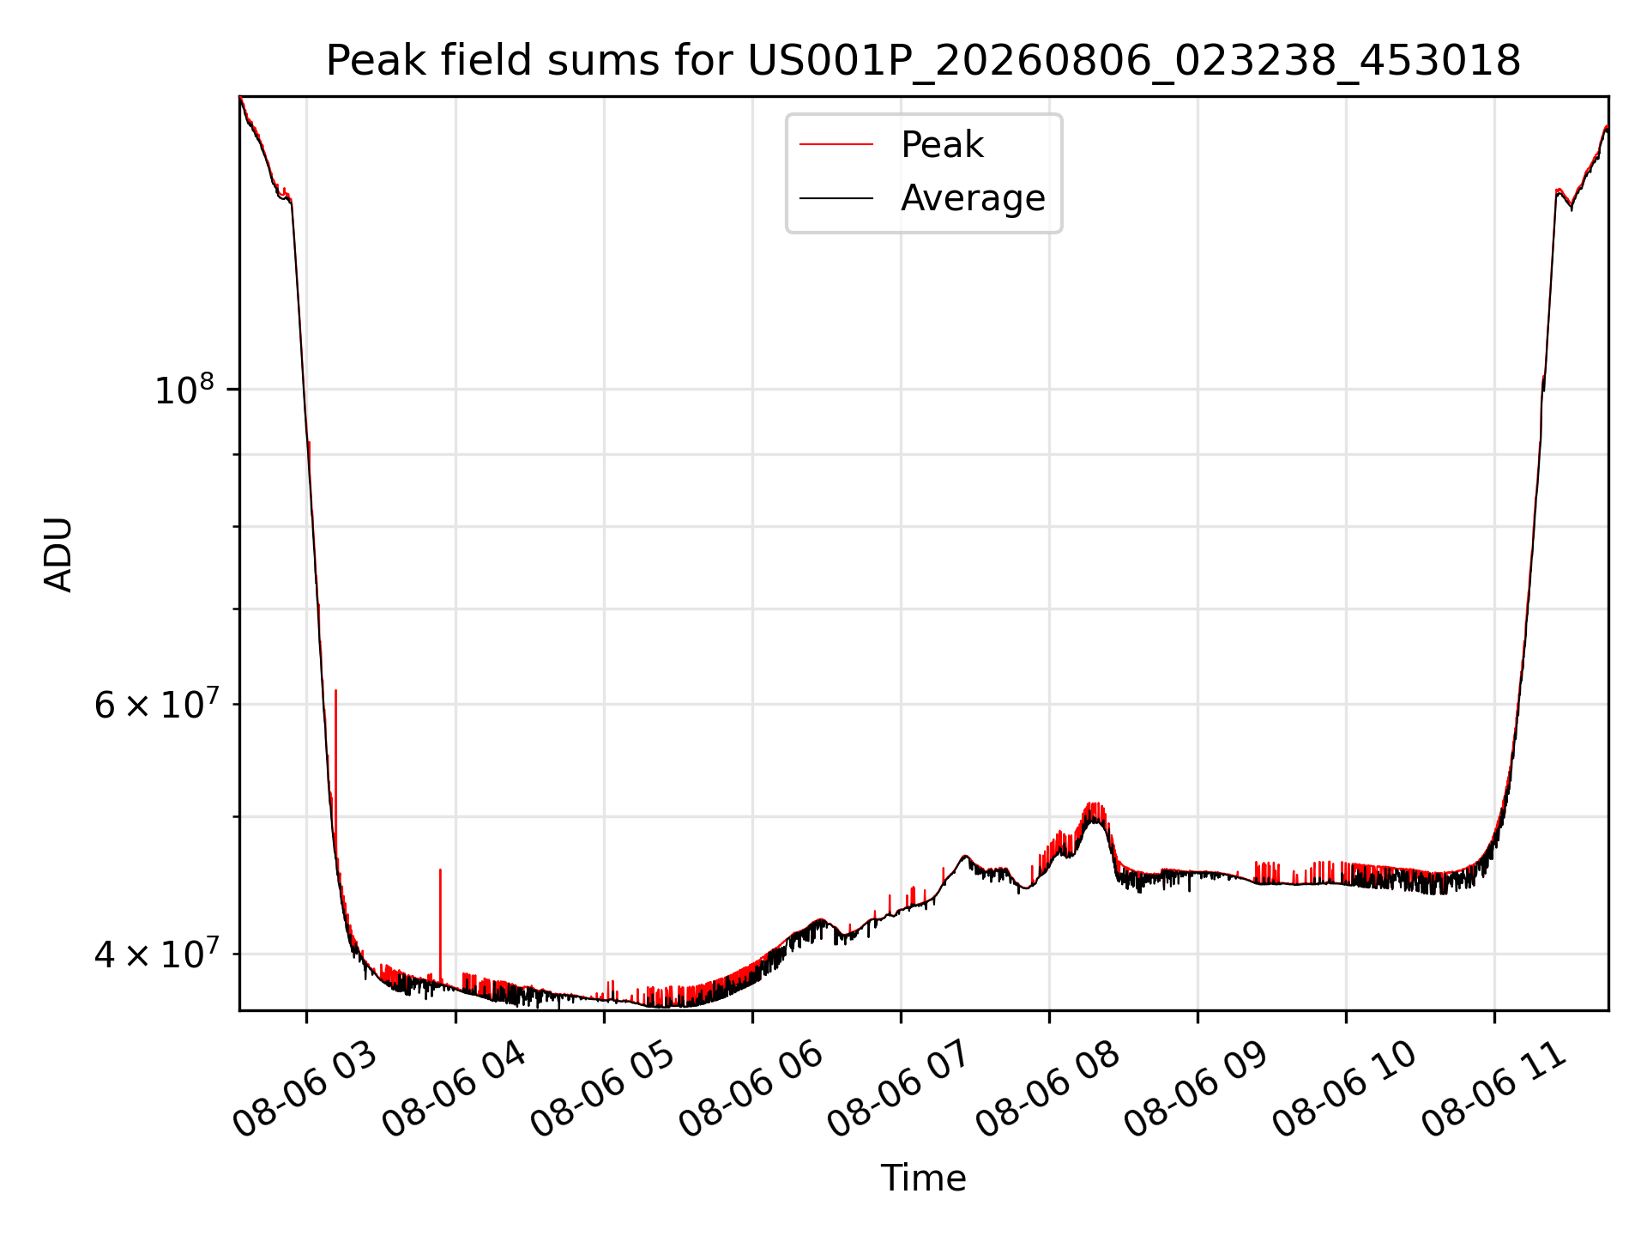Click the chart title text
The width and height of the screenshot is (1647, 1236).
click(923, 61)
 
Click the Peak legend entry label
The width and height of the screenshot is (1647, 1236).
click(942, 145)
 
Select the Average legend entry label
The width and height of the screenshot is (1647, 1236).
click(973, 198)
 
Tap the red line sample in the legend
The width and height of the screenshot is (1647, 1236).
click(836, 145)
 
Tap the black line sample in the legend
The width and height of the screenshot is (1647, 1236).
click(836, 198)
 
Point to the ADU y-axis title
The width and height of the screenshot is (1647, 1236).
click(59, 554)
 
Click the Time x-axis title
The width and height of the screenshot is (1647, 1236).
click(923, 1178)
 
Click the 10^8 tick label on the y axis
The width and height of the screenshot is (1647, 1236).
click(183, 390)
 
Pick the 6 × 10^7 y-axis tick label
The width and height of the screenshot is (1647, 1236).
click(154, 705)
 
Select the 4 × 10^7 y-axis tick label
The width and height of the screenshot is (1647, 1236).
click(154, 954)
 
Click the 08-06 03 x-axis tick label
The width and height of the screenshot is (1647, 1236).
click(305, 1090)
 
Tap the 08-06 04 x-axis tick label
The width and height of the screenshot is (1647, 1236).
click(453, 1090)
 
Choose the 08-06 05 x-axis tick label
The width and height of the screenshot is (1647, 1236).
click(601, 1090)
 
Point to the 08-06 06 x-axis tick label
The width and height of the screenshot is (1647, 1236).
click(751, 1090)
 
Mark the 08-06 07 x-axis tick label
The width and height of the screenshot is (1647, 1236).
click(899, 1090)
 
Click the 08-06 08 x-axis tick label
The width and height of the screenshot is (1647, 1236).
click(1047, 1090)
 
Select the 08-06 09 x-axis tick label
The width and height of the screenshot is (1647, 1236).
click(1196, 1090)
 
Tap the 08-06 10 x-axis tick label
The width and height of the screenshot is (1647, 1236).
click(1344, 1090)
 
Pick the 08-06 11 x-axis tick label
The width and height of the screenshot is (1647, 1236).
click(1493, 1090)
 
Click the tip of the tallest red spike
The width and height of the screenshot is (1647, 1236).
click(335, 690)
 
